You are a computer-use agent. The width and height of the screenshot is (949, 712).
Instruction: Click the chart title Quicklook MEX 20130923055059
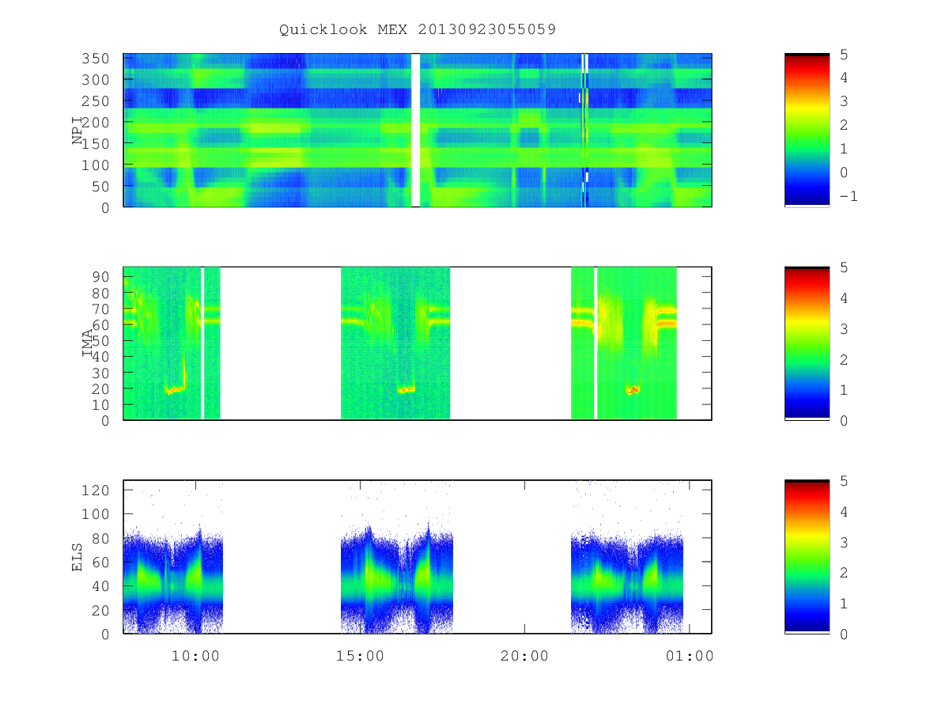pyautogui.click(x=418, y=29)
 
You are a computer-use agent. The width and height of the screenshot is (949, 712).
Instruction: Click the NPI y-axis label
pyautogui.click(x=78, y=130)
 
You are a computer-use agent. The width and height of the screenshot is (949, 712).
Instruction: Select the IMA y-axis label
pyautogui.click(x=87, y=343)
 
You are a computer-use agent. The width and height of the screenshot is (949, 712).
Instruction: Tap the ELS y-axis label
pyautogui.click(x=77, y=557)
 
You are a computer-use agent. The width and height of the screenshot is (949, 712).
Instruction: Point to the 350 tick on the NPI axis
pyautogui.click(x=95, y=59)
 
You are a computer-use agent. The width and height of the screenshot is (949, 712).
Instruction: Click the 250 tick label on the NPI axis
pyautogui.click(x=95, y=101)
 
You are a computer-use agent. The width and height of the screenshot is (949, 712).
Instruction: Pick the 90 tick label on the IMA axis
pyautogui.click(x=100, y=277)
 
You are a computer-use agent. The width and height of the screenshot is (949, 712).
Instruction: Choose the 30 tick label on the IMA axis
pyautogui.click(x=100, y=373)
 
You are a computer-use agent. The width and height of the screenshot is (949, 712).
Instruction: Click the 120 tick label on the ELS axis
pyautogui.click(x=95, y=490)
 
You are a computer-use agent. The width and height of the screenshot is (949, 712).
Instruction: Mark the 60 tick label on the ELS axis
pyautogui.click(x=100, y=562)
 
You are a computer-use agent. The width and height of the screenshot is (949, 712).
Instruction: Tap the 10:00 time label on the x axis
pyautogui.click(x=195, y=656)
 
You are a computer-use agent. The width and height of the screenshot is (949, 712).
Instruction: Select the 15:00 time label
pyautogui.click(x=360, y=656)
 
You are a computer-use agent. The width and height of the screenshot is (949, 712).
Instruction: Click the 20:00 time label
pyautogui.click(x=524, y=656)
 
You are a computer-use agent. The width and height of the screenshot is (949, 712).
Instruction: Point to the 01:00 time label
pyautogui.click(x=690, y=656)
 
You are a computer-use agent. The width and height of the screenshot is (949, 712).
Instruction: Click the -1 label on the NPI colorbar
pyautogui.click(x=849, y=197)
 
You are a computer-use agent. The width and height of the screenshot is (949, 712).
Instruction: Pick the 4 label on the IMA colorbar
pyautogui.click(x=844, y=298)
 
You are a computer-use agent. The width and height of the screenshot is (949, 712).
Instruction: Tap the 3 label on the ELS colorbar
pyautogui.click(x=844, y=543)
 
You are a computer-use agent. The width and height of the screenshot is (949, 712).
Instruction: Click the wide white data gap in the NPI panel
pyautogui.click(x=415, y=130)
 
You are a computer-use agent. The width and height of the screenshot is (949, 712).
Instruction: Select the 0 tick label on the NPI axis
pyautogui.click(x=105, y=208)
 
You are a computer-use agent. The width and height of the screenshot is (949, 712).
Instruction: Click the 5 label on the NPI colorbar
pyautogui.click(x=844, y=55)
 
